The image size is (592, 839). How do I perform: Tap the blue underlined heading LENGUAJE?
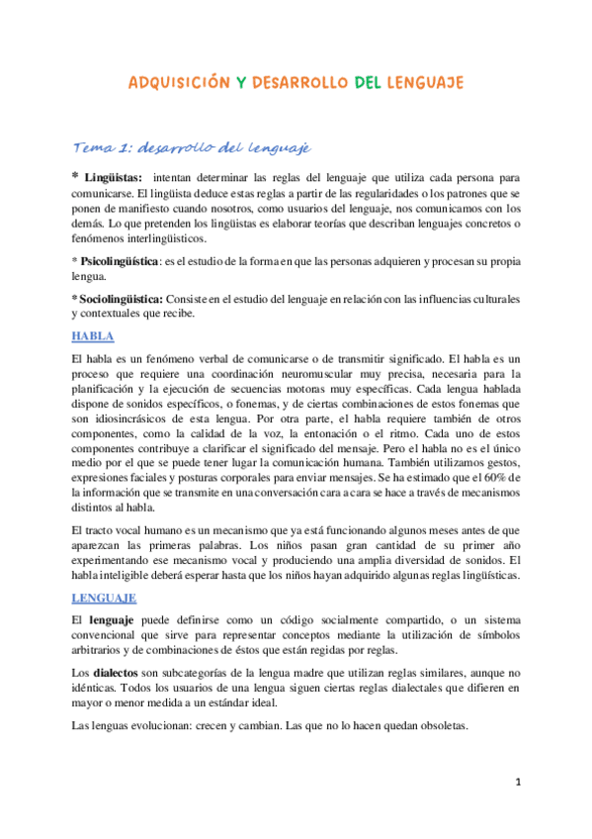coord(104,598)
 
